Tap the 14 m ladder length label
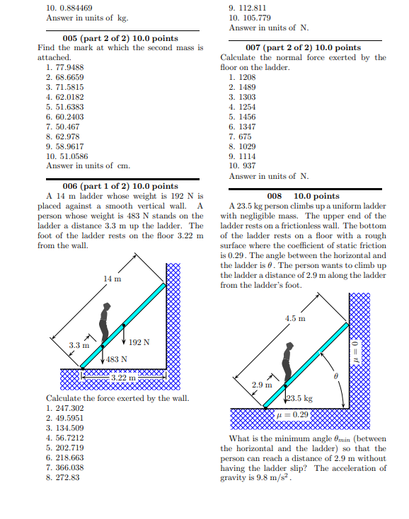click(x=112, y=279)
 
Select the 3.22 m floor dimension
click(x=122, y=378)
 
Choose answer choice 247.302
click(x=68, y=408)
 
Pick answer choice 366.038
click(x=68, y=467)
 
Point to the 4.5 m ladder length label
click(x=295, y=318)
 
